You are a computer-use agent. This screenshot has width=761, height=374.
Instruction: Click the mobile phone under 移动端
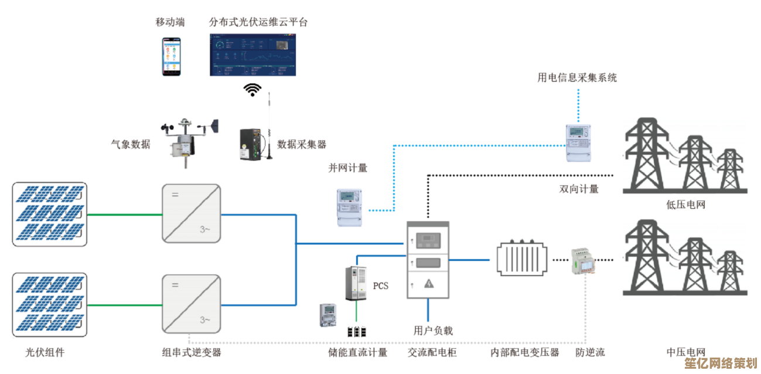pyautogui.click(x=172, y=56)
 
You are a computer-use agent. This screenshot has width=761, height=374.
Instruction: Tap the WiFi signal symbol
pyautogui.click(x=252, y=89)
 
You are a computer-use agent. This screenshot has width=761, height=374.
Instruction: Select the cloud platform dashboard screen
pyautogui.click(x=253, y=55)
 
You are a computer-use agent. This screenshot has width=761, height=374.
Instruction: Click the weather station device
pyautogui.click(x=187, y=139)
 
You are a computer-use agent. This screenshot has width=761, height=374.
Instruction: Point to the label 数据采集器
pyautogui.click(x=302, y=144)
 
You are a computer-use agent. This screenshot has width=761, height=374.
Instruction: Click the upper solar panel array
pyautogui.click(x=50, y=214)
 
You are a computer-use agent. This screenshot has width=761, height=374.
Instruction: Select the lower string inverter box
pyautogui.click(x=192, y=304)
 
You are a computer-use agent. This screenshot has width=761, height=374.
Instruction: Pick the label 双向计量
pyautogui.click(x=579, y=189)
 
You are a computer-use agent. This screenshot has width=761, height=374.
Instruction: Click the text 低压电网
pyautogui.click(x=685, y=205)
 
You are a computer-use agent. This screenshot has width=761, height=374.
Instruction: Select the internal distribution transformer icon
pyautogui.click(x=524, y=260)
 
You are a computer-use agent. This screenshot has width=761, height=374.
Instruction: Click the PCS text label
pyautogui.click(x=381, y=286)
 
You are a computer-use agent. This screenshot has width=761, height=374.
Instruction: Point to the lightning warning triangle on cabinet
pyautogui.click(x=429, y=284)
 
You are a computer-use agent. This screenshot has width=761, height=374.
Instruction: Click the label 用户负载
pyautogui.click(x=433, y=331)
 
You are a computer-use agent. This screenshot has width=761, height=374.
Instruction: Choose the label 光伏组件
pyautogui.click(x=45, y=352)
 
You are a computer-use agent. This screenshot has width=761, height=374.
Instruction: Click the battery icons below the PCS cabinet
pyautogui.click(x=356, y=332)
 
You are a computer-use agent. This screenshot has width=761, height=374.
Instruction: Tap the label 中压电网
pyautogui.click(x=685, y=352)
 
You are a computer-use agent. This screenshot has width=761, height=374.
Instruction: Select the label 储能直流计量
pyautogui.click(x=357, y=352)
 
